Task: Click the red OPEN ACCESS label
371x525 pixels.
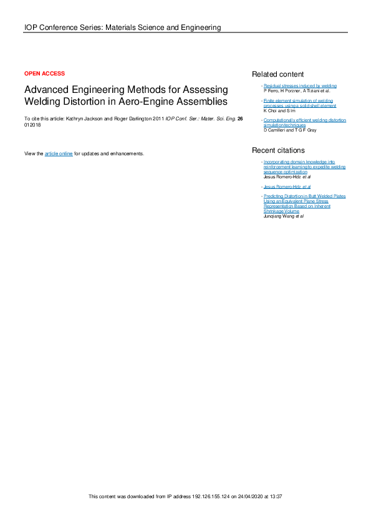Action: [44, 74]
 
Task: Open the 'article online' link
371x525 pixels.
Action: [59, 153]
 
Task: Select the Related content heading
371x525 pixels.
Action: [277, 74]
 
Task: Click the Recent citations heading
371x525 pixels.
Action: [278, 150]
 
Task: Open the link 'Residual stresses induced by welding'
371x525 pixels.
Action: [300, 86]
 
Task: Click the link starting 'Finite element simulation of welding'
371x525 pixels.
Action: [297, 100]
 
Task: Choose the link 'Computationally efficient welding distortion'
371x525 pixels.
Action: [304, 119]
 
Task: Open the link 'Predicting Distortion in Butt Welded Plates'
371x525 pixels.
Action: [304, 196]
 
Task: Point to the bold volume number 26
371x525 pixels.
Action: [240, 118]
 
